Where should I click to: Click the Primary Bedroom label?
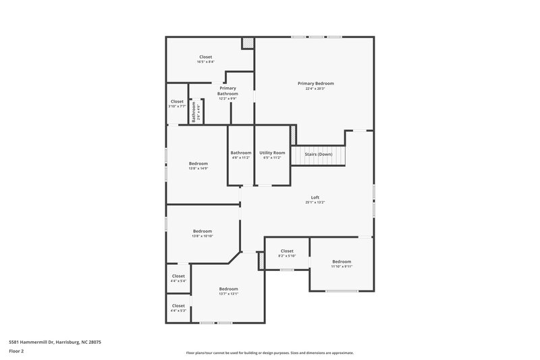(x=315, y=84)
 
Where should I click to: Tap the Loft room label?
(x=315, y=197)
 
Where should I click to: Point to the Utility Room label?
(x=272, y=153)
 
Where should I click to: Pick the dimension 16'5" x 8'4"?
(x=205, y=62)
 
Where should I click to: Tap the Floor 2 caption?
(x=16, y=351)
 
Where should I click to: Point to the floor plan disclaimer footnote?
(x=270, y=353)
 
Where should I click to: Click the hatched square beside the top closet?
(x=248, y=43)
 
